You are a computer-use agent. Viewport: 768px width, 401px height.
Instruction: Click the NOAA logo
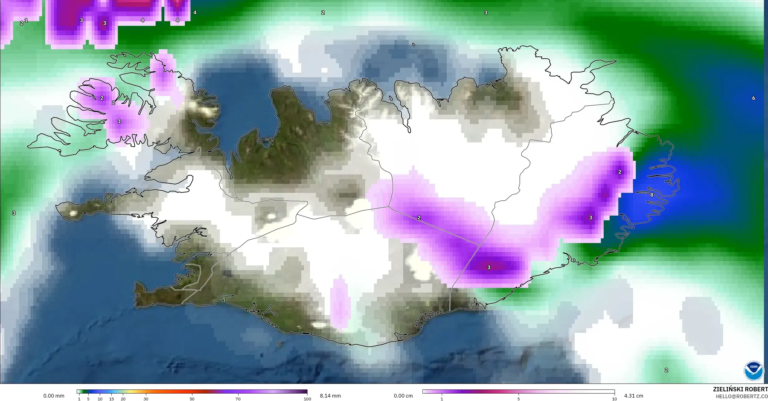[754, 370]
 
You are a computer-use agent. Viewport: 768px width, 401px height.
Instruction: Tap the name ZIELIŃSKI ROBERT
[740, 389]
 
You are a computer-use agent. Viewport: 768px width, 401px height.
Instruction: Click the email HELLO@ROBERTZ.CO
[741, 396]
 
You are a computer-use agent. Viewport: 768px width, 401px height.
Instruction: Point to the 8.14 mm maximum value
[330, 396]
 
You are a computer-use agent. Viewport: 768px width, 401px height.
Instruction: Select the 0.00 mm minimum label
[54, 396]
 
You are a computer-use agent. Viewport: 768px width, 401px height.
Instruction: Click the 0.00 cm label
[403, 396]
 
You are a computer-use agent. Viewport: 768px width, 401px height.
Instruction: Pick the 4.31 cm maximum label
[634, 396]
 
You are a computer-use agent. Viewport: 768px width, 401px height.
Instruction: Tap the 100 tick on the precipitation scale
[307, 399]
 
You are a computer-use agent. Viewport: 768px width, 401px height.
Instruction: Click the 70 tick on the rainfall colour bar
[238, 399]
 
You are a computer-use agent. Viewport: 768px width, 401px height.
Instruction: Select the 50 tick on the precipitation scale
[192, 399]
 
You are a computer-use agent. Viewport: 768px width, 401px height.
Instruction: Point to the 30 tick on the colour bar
[146, 399]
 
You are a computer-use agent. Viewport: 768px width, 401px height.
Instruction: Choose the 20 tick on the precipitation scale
[123, 399]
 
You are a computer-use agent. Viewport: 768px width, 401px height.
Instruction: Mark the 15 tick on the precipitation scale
[111, 399]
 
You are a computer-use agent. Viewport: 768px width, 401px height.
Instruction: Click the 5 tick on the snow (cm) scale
[519, 399]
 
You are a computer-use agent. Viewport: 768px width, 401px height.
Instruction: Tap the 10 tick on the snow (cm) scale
[614, 399]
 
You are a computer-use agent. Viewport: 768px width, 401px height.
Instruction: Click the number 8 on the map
[652, 195]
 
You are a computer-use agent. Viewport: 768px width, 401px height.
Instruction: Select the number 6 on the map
[754, 98]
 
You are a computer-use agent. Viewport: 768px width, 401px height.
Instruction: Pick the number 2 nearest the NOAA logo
[666, 370]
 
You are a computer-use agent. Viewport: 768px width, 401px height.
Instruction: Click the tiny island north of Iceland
[414, 45]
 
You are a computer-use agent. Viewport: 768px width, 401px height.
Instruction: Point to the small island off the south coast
[279, 344]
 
